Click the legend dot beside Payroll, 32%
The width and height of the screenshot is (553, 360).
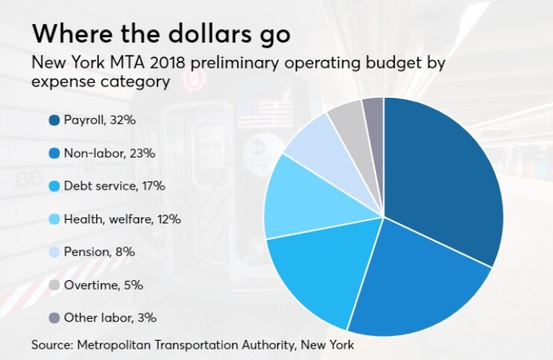[54, 120]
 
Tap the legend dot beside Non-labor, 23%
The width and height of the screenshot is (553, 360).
[54, 152]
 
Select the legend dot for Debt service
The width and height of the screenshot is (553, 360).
[54, 186]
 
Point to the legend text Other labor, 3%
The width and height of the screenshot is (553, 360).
[110, 317]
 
